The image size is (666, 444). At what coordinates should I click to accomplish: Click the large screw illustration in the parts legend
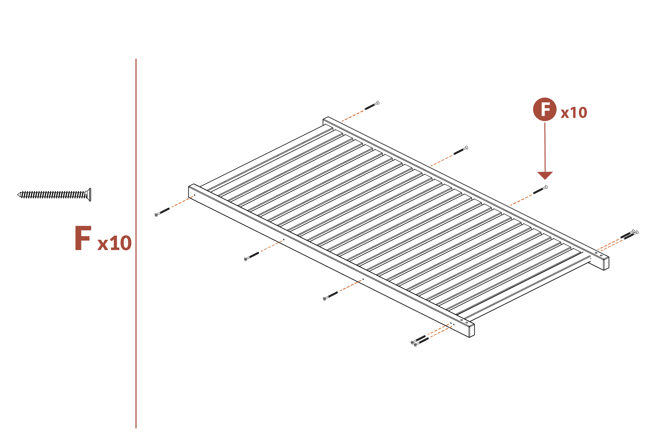tap(54, 195)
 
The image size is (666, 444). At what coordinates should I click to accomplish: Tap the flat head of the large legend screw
tap(89, 195)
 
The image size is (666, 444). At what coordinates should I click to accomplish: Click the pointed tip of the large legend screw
tap(19, 195)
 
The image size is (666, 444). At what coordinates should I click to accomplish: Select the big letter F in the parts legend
tap(83, 238)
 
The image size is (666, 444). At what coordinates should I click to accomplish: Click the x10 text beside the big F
tap(114, 243)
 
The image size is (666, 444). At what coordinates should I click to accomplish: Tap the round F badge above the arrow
tap(544, 109)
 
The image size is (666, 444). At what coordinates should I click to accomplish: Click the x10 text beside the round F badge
tap(574, 113)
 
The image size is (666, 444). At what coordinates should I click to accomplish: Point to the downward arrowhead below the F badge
tap(545, 175)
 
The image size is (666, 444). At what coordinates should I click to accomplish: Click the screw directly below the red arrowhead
tap(540, 190)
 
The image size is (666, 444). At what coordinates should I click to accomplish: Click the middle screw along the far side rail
tap(461, 150)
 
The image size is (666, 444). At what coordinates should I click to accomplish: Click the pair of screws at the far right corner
tap(629, 234)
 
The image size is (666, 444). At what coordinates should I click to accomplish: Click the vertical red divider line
tap(136, 244)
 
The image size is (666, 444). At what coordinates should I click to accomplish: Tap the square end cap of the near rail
tap(471, 331)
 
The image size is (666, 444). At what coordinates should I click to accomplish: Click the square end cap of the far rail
tap(606, 264)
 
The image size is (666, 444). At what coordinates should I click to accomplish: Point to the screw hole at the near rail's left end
tap(195, 195)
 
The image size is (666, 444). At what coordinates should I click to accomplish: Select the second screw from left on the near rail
tap(251, 256)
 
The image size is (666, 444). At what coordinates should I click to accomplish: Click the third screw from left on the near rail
tap(331, 296)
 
